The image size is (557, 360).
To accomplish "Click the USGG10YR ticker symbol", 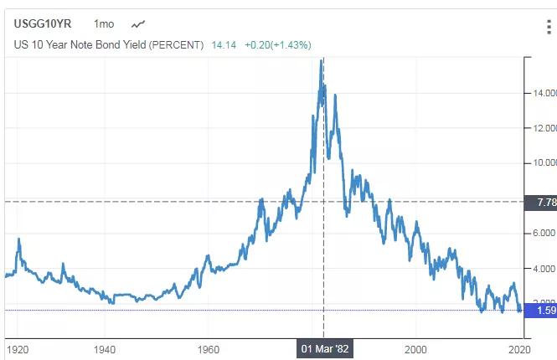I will tap(43, 24).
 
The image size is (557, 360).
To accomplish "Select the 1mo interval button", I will tap(105, 24).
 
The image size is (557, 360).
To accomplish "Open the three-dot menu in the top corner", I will tap(549, 28).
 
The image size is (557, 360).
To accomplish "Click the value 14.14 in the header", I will tap(223, 44).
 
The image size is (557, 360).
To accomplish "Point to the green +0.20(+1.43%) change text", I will tap(279, 44).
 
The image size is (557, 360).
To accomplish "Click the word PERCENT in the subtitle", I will tap(176, 44).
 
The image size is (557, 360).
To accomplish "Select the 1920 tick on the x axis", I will tap(16, 348).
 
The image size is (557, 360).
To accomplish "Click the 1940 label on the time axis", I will tap(105, 348).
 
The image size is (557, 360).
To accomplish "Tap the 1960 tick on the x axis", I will tap(209, 348).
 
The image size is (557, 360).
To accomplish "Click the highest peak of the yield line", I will tap(322, 60).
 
